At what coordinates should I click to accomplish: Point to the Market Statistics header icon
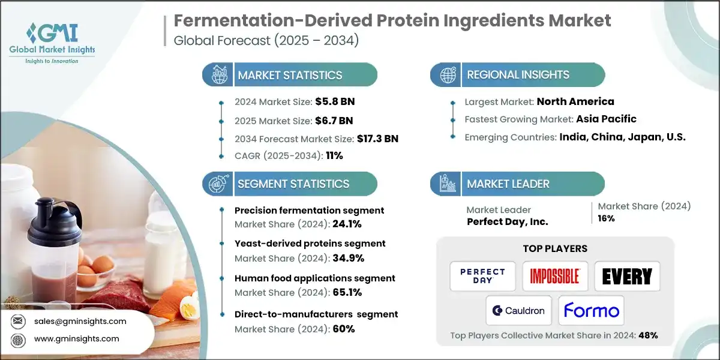[x=218, y=75]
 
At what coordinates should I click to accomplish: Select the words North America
[x=575, y=101]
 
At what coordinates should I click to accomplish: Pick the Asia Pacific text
[x=605, y=119]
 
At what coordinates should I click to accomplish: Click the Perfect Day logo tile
[x=482, y=276]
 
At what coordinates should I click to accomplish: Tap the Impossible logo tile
[x=554, y=276]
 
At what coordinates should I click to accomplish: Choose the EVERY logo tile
[x=627, y=276]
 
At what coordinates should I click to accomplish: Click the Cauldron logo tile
[x=518, y=310]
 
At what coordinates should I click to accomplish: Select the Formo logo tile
[x=591, y=310]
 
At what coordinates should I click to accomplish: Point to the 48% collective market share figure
[x=647, y=335]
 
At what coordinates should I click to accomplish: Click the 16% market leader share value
[x=606, y=218]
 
